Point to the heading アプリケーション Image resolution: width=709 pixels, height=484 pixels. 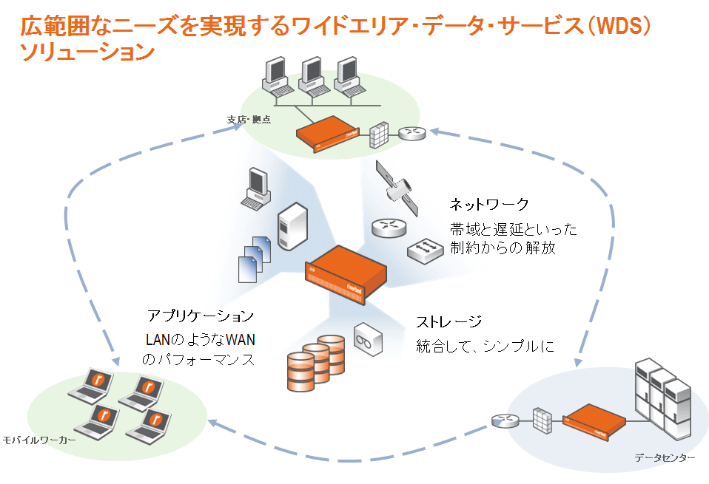coord(201,316)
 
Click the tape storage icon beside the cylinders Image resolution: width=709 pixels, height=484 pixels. coord(368,339)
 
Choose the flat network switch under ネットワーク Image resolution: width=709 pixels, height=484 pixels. coord(426,250)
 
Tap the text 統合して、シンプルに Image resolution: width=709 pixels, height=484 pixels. coord(484,345)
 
